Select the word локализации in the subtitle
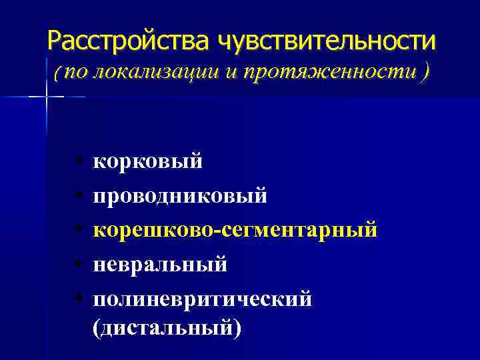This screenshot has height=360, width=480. pos(143,72)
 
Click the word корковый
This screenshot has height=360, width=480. pos(147,161)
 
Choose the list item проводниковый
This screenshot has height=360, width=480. pos(180,196)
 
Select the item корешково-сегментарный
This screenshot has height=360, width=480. pos(235,230)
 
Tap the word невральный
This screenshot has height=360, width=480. pos(160,264)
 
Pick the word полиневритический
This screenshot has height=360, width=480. pos(202,299)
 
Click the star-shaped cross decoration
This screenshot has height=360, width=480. pos(46,97)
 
